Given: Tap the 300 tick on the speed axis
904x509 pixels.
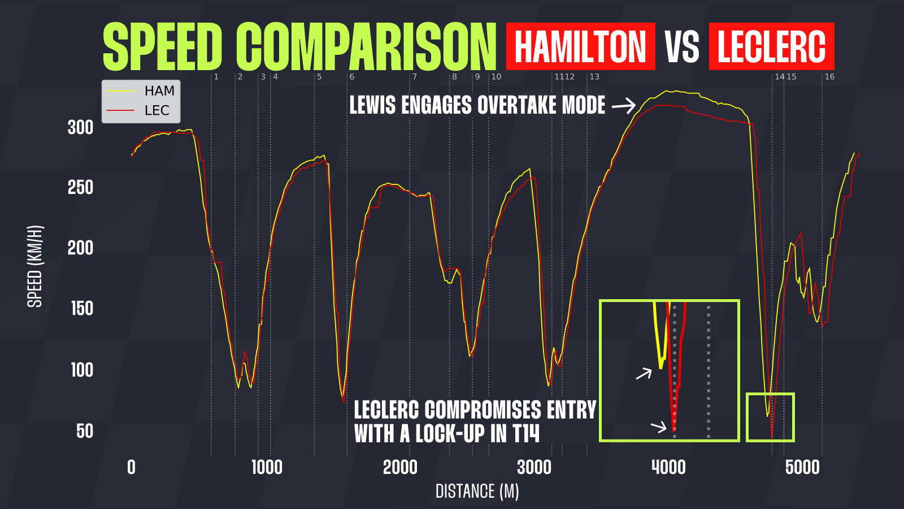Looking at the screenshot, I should click(80, 128).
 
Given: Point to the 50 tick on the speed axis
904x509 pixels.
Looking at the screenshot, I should click(85, 432).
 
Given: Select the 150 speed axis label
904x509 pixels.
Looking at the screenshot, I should click(81, 309).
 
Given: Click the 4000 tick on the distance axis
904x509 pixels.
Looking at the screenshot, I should click(668, 468).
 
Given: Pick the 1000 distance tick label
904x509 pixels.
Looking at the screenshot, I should click(267, 468).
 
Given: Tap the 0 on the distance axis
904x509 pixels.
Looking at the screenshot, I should click(131, 468).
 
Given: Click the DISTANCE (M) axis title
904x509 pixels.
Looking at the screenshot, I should click(477, 491).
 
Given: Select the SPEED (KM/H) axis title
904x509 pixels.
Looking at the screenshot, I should click(35, 266).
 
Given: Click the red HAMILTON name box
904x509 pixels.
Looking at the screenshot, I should click(580, 46).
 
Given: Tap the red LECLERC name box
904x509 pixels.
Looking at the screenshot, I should click(771, 46).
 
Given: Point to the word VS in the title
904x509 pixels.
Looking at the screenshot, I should click(682, 47).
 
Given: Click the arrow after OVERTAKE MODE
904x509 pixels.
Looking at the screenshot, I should click(624, 105).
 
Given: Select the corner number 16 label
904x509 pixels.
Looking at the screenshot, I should click(829, 77).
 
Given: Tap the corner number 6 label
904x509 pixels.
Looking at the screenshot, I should click(351, 77).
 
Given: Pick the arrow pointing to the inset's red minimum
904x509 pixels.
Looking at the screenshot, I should click(659, 426).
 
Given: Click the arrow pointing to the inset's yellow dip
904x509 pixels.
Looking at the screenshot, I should click(644, 373).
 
